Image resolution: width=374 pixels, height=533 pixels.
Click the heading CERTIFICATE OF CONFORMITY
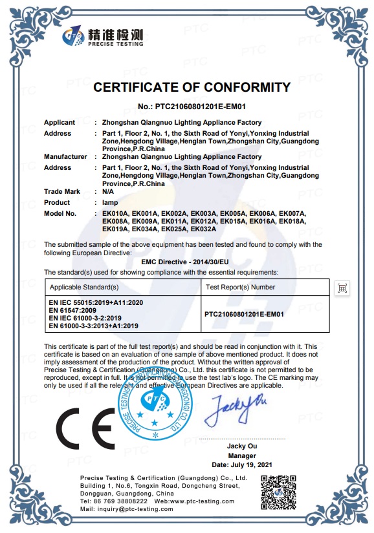tap(192, 87)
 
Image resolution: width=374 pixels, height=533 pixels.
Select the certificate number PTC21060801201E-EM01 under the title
tap(192, 106)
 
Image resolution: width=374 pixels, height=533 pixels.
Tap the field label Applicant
tap(60, 122)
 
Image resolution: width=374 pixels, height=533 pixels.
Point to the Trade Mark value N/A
tap(108, 191)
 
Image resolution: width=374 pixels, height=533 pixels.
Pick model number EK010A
tap(116, 213)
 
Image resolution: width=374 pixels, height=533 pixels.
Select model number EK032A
tap(203, 229)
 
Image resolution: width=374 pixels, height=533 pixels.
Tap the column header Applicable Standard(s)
tap(84, 287)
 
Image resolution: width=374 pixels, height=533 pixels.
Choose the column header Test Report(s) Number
tap(240, 287)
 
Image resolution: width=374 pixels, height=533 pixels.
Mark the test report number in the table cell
tap(244, 314)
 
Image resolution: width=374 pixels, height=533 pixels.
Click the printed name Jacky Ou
tap(243, 446)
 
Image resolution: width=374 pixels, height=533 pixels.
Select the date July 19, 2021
tap(243, 465)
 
